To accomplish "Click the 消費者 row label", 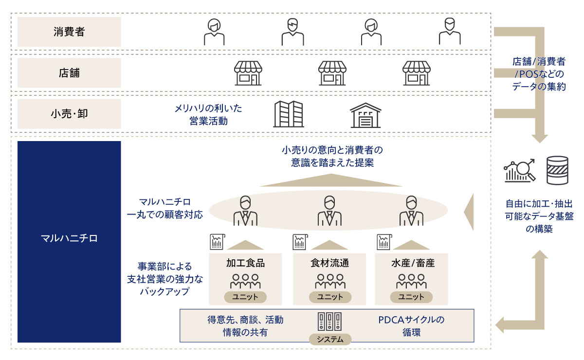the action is pyautogui.click(x=69, y=32).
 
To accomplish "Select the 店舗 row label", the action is pyautogui.click(x=69, y=73).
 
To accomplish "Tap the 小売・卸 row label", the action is pyautogui.click(x=69, y=114).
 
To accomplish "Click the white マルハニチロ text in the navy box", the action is pyautogui.click(x=69, y=238).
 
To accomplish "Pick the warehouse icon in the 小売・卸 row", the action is pyautogui.click(x=365, y=115).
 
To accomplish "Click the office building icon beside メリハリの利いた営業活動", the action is pyautogui.click(x=289, y=114).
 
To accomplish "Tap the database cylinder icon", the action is pyautogui.click(x=557, y=170).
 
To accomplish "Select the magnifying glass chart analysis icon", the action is pyautogui.click(x=520, y=170).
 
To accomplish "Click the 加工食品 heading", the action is pyautogui.click(x=245, y=263).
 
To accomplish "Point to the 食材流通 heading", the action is pyautogui.click(x=329, y=263).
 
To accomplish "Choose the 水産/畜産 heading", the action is pyautogui.click(x=413, y=263).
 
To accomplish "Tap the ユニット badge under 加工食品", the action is pyautogui.click(x=245, y=297).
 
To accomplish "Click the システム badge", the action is pyautogui.click(x=330, y=339).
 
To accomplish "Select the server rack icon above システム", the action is pyautogui.click(x=329, y=322).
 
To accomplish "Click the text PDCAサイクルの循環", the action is pyautogui.click(x=411, y=326).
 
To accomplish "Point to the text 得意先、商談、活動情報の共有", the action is pyautogui.click(x=245, y=326).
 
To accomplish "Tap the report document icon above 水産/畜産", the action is pyautogui.click(x=384, y=242).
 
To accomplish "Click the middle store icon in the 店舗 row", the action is pyautogui.click(x=332, y=73).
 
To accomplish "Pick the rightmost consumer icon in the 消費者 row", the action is pyautogui.click(x=450, y=31).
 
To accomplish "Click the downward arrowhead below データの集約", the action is pyautogui.click(x=540, y=139).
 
